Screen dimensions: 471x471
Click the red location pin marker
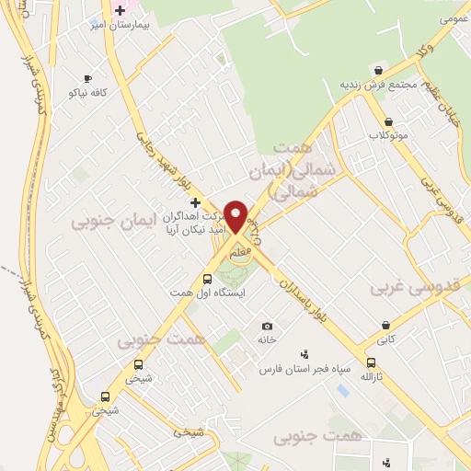click(x=235, y=215)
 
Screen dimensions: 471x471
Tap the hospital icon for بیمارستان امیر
click(x=120, y=10)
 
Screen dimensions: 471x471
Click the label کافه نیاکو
click(x=88, y=93)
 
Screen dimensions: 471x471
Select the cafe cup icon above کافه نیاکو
click(x=88, y=79)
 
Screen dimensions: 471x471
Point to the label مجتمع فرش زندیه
click(x=378, y=84)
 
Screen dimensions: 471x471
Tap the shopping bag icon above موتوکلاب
click(x=388, y=121)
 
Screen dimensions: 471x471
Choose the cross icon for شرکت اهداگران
click(x=195, y=201)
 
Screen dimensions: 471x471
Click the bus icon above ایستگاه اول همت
click(x=207, y=279)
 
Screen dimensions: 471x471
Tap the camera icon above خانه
click(x=267, y=326)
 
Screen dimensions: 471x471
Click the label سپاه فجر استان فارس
click(x=305, y=368)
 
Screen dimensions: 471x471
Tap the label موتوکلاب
click(x=388, y=135)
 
